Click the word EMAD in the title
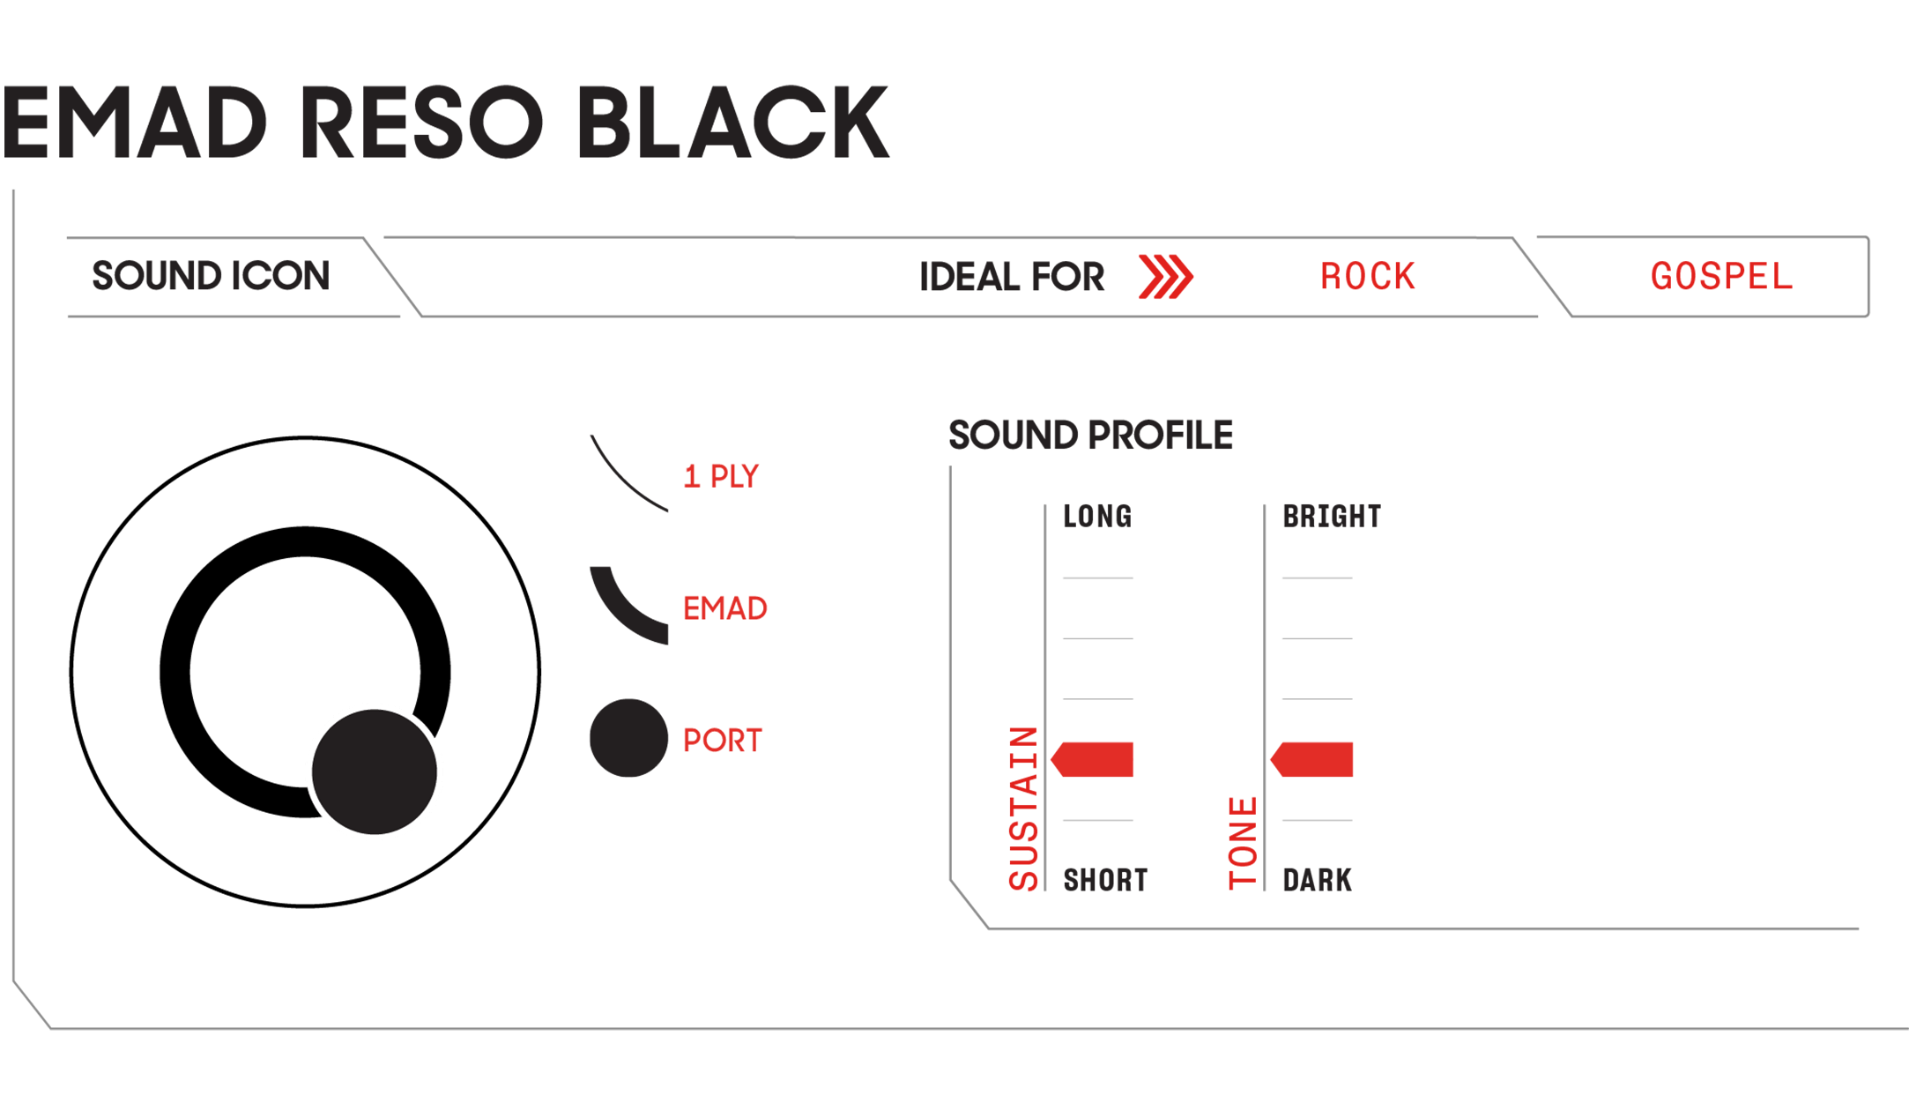click(135, 123)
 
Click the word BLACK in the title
click(733, 123)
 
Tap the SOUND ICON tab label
click(211, 276)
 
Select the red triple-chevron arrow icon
click(1165, 277)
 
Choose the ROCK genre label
click(1367, 277)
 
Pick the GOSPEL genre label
click(1721, 277)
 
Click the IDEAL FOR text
click(1011, 277)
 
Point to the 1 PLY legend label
click(721, 477)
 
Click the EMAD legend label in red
click(725, 608)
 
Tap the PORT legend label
click(723, 741)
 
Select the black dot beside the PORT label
click(628, 738)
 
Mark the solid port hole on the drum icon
click(375, 771)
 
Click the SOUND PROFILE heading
click(1090, 436)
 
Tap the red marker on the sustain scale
click(1092, 759)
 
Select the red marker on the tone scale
click(1311, 759)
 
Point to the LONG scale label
click(1097, 517)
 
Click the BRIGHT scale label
click(1332, 517)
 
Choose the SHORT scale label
click(1105, 880)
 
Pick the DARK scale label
click(1317, 880)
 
